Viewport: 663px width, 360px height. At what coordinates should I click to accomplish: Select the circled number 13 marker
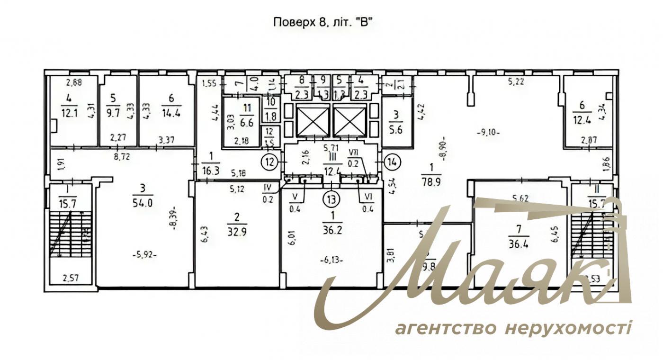(x=332, y=198)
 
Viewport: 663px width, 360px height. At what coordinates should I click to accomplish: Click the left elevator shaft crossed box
(x=312, y=120)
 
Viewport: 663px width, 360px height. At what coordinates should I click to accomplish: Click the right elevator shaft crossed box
(x=350, y=120)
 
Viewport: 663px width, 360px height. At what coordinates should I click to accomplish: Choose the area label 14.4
(x=171, y=114)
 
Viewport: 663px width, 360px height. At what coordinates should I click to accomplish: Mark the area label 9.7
(x=113, y=115)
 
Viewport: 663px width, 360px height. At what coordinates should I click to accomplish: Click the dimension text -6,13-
(x=331, y=259)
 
